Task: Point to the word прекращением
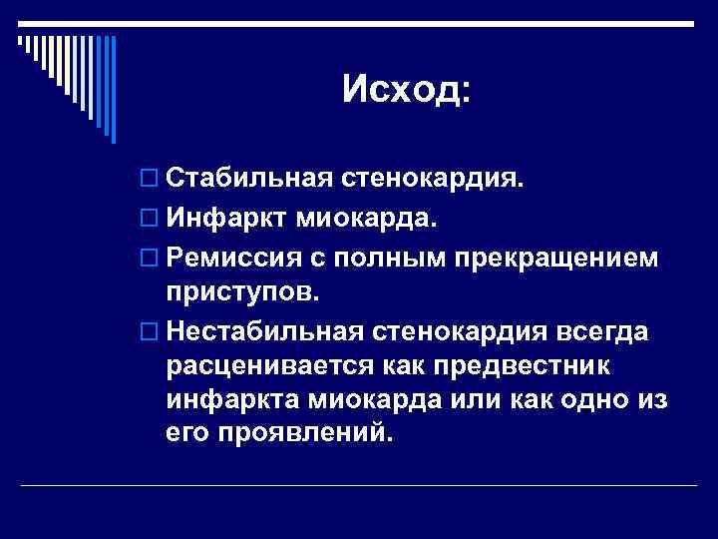[556, 258]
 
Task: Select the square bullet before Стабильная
[149, 179]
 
